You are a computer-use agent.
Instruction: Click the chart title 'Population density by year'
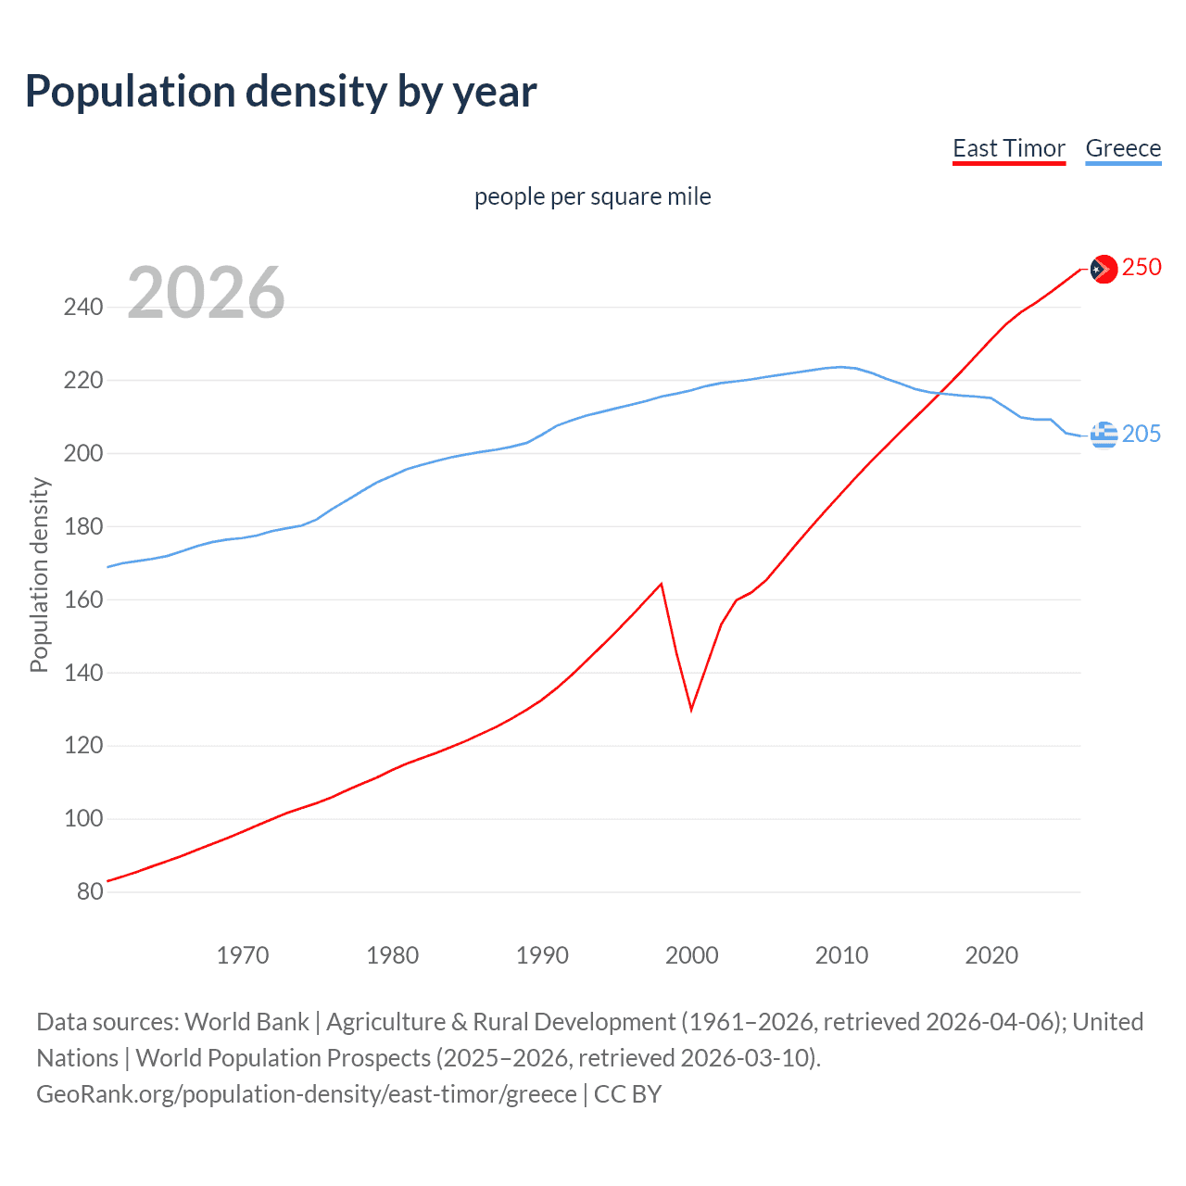click(281, 91)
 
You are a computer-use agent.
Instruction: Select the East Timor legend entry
click(1008, 148)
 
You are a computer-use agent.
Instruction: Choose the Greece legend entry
click(1123, 148)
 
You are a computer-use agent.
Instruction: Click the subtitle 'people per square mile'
click(592, 196)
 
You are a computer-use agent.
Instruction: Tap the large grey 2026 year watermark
click(206, 293)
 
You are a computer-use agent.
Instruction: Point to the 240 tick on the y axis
click(83, 307)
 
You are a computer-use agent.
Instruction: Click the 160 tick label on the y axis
click(83, 599)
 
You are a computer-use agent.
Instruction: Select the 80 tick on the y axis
click(90, 891)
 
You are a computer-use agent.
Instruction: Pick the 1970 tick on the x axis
click(243, 954)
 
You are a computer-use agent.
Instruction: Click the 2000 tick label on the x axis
click(692, 954)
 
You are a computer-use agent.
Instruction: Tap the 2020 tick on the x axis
click(991, 954)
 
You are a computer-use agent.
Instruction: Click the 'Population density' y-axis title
click(39, 574)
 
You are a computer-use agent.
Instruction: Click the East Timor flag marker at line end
click(1103, 269)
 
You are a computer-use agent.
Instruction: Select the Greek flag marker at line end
click(1103, 434)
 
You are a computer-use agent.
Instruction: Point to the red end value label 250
click(1142, 267)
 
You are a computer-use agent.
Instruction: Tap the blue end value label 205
click(1142, 434)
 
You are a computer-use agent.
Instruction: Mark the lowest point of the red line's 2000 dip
click(691, 710)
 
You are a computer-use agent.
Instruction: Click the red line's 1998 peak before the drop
click(662, 584)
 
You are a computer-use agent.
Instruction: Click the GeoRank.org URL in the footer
click(307, 1093)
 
